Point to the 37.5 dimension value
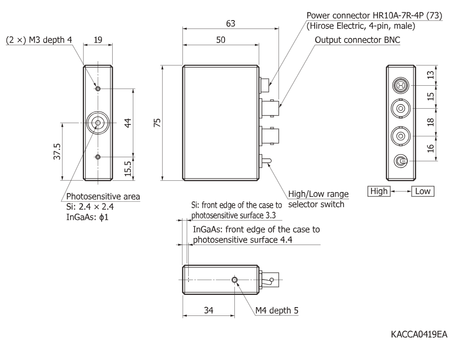click(x=58, y=152)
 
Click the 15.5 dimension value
click(x=128, y=168)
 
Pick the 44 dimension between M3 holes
click(x=128, y=123)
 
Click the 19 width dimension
click(x=98, y=40)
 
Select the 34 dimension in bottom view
click(x=208, y=310)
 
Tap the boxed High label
click(x=379, y=191)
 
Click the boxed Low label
click(x=423, y=191)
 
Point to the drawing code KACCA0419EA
click(x=419, y=334)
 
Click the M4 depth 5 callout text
click(x=277, y=310)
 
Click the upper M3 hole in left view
click(x=98, y=89)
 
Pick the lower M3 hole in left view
click(x=98, y=157)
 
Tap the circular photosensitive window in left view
click(x=98, y=123)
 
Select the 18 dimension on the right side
click(x=431, y=122)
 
